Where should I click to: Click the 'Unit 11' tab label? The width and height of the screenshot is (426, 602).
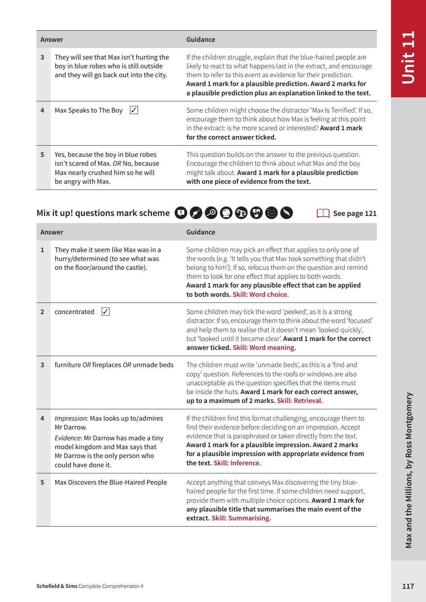pos(408,58)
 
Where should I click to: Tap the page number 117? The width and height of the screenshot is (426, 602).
pos(408,586)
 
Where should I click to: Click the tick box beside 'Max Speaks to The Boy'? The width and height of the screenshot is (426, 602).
pos(134,110)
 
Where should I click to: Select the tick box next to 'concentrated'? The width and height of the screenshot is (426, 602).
pos(105,312)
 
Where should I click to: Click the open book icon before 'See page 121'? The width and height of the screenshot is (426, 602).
pos(323,213)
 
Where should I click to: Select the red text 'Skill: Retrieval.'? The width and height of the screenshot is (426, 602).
pos(300,401)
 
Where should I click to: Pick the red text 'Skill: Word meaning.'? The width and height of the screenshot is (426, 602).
pos(264,347)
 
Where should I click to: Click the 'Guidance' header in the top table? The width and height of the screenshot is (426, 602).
pos(200,39)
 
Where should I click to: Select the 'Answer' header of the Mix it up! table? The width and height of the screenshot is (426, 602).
pos(51,232)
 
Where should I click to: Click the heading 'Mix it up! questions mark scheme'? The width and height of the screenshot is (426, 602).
pos(103,213)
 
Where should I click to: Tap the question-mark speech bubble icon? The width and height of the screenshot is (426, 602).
pos(181,213)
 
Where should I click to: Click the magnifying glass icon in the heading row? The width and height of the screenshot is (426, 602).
pos(211,213)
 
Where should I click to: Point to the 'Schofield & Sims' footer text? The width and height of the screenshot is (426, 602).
pos(57,586)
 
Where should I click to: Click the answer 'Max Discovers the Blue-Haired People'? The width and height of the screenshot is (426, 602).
pos(111,482)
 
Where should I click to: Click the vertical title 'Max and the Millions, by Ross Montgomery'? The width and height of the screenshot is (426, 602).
pos(409,470)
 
